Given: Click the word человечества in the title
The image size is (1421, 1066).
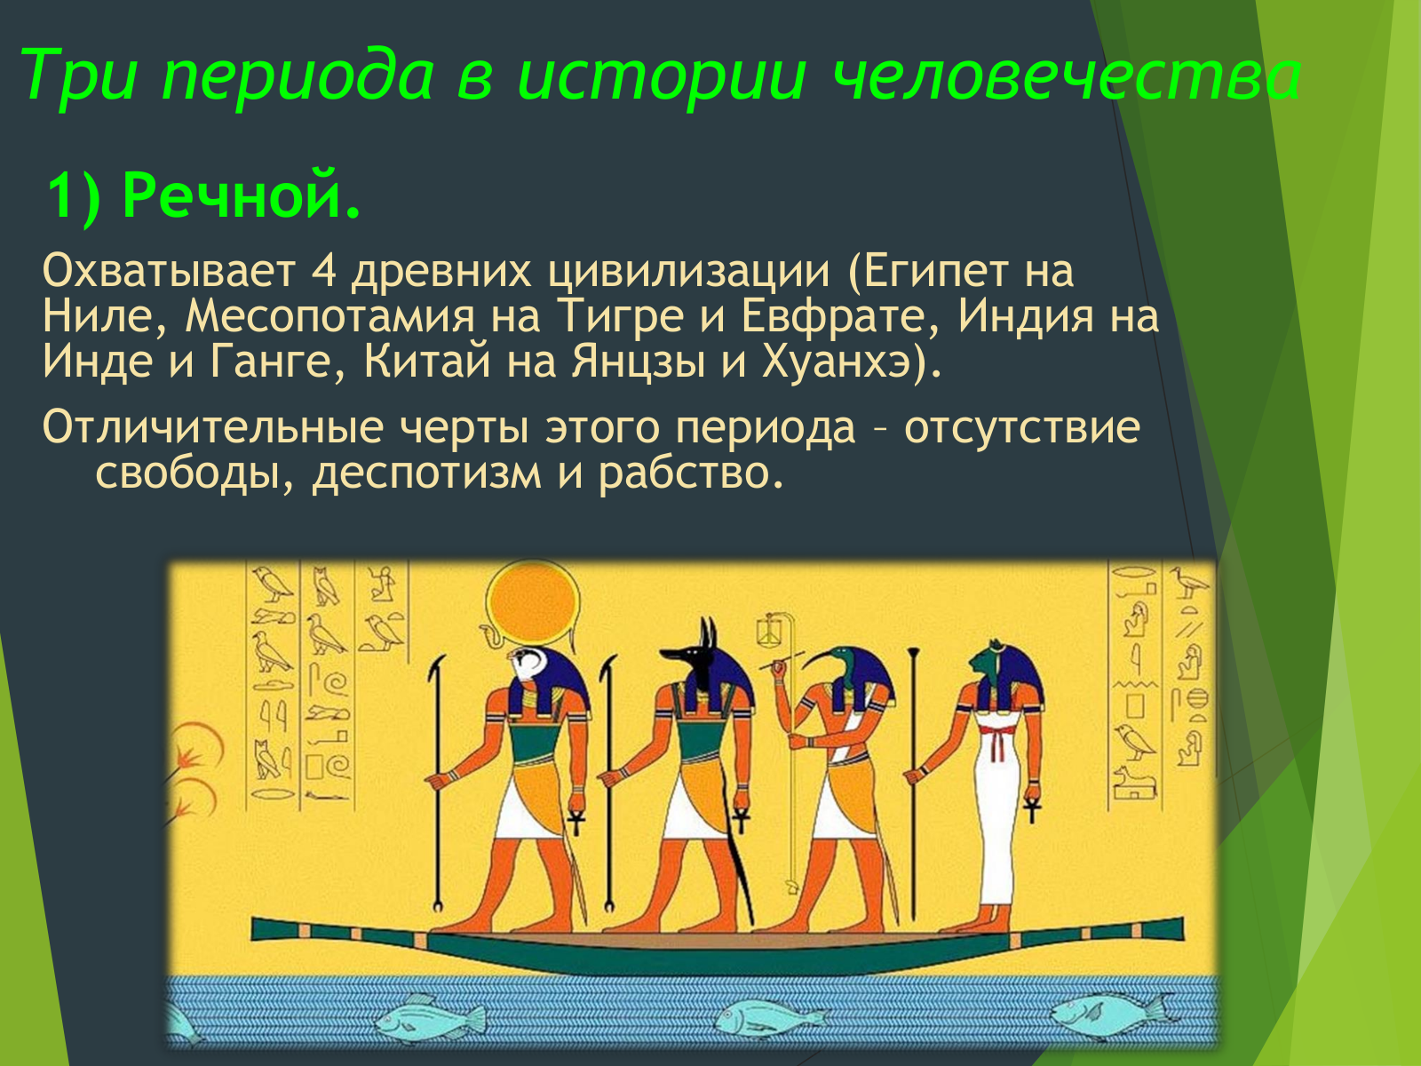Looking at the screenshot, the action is tap(1067, 76).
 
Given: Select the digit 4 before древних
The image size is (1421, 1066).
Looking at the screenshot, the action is tap(323, 271).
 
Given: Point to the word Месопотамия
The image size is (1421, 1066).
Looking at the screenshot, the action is tap(330, 316).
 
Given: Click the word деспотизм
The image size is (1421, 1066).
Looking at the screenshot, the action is tap(426, 473).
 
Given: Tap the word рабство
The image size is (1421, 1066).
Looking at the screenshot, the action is tap(690, 473).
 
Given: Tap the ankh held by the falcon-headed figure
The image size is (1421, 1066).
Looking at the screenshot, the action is tap(576, 822).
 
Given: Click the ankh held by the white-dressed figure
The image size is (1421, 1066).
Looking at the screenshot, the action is tap(1033, 808).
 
